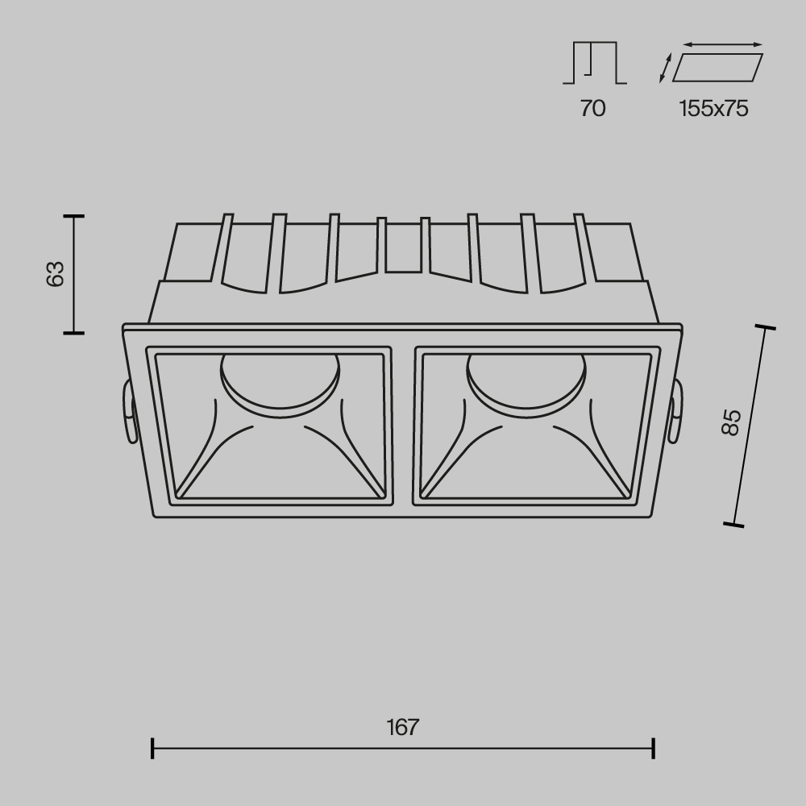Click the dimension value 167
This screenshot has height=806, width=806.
pos(402,727)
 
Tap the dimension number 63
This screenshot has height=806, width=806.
pos(54,274)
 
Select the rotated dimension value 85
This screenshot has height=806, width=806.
pos(730,422)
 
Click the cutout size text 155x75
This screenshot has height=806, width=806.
pos(713,109)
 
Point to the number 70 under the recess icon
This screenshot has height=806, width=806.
pos(592,109)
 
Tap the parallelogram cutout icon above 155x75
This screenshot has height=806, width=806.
pos(717,68)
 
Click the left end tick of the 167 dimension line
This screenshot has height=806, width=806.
pos(152,748)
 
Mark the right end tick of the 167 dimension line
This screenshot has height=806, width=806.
pos(653,748)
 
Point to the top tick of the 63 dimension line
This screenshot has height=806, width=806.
pos(74,216)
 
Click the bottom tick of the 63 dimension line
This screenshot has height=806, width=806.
pos(74,331)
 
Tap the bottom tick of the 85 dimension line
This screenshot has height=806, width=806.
pos(733,525)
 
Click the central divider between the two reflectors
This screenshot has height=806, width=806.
pos(403,425)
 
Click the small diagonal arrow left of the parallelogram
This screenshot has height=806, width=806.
pos(664,68)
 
